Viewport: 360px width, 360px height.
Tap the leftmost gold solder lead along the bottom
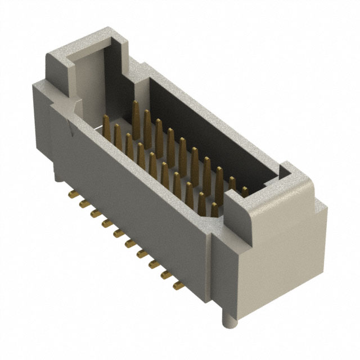(x=72, y=195)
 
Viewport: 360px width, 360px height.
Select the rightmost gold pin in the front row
(x=214, y=209)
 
